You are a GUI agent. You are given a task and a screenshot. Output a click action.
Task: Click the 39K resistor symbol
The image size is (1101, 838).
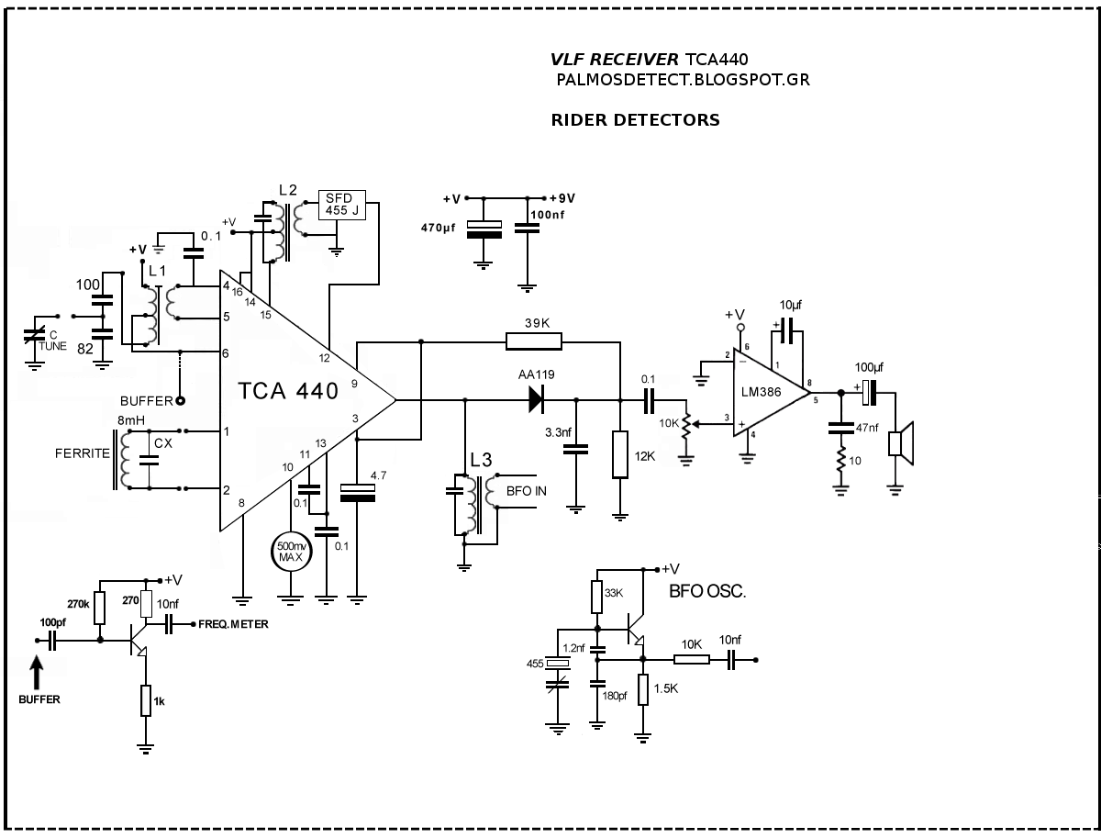(x=533, y=341)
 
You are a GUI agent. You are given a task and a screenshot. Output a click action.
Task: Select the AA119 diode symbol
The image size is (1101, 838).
(x=535, y=399)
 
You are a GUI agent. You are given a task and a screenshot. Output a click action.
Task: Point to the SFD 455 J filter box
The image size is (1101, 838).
(x=340, y=205)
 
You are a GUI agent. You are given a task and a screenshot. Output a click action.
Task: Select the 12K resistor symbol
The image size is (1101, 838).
(x=620, y=454)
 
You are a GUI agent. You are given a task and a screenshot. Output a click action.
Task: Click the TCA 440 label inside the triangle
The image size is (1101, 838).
(x=288, y=390)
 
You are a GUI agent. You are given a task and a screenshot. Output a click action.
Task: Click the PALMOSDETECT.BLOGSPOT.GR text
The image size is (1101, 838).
(x=683, y=80)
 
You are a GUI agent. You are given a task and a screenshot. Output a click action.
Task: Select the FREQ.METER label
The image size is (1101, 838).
(x=234, y=625)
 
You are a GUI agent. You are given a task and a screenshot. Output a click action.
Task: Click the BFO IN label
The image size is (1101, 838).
(x=528, y=491)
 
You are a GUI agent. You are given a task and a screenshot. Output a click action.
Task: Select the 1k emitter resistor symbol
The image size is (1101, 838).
(x=145, y=700)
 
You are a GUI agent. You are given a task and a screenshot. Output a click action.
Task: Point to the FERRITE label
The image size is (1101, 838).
(x=83, y=453)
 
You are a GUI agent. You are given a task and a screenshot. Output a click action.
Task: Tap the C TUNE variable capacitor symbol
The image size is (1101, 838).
(x=35, y=337)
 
